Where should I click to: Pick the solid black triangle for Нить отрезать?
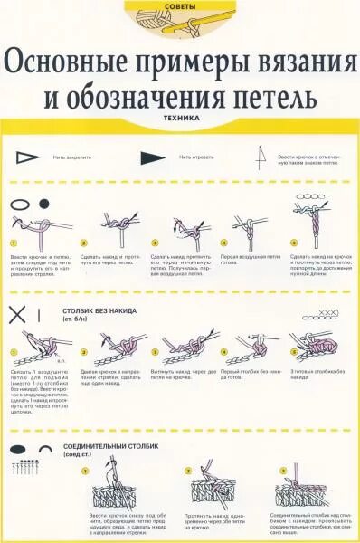pyautogui.click(x=153, y=157)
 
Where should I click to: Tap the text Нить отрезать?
pyautogui.click(x=197, y=157)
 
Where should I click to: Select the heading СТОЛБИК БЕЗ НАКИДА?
pyautogui.click(x=99, y=310)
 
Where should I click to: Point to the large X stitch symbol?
pyautogui.click(x=17, y=314)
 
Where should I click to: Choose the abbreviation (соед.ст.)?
pyautogui.click(x=78, y=455)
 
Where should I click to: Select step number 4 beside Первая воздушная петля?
pyautogui.click(x=225, y=243)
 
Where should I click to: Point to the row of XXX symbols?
pyautogui.click(x=330, y=313)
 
